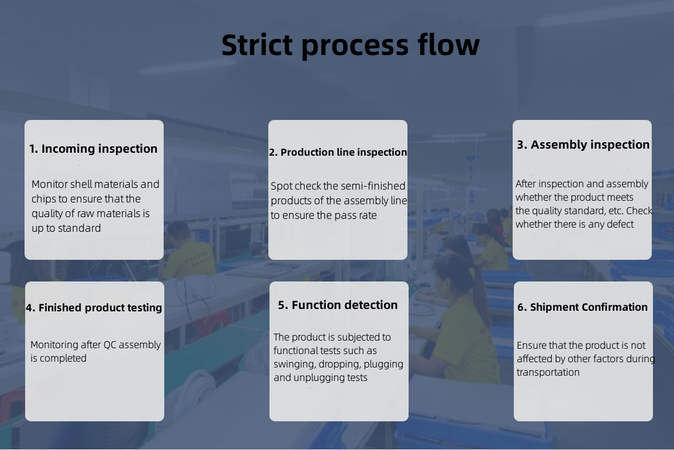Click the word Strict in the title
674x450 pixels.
[x=257, y=44]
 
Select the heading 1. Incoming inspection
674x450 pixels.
[x=94, y=149]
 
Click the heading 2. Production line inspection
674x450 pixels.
[x=338, y=152]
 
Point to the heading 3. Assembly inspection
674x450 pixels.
[x=583, y=145]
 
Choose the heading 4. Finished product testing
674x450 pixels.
[x=94, y=308]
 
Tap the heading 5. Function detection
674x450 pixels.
[x=338, y=305]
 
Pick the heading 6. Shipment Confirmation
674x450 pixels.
[x=582, y=307]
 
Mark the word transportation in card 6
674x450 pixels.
[x=548, y=373]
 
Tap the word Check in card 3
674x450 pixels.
[x=639, y=211]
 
